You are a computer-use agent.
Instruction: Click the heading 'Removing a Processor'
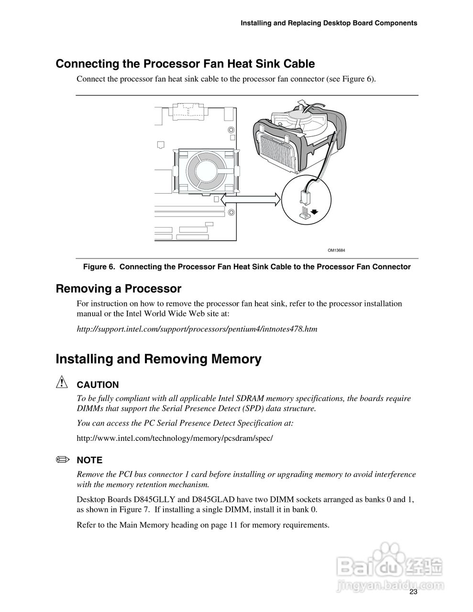point(119,289)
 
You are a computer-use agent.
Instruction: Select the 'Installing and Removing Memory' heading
point(158,359)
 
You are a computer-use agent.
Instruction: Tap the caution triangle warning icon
point(62,383)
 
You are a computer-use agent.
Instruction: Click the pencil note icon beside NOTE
point(62,459)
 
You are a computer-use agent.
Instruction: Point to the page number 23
point(413,592)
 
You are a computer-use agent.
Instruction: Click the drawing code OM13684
point(336,250)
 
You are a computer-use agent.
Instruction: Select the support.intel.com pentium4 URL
point(197,329)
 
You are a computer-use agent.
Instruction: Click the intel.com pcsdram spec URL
point(175,438)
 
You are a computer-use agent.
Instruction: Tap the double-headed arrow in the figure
point(251,199)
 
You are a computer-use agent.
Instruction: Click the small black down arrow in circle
point(314,210)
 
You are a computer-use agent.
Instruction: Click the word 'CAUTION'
point(98,385)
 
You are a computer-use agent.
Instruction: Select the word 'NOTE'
point(89,460)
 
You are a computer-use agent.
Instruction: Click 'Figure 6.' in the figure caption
point(99,267)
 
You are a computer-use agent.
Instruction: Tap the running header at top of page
point(329,23)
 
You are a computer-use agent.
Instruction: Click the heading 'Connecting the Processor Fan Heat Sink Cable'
point(185,64)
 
